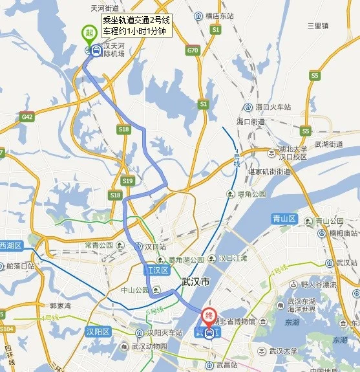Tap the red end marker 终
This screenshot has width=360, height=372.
pos(208,316)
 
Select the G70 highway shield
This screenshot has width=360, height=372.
pos(192,50)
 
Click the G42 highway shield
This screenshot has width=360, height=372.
pos(27,117)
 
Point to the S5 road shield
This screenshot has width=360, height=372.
pos(315,76)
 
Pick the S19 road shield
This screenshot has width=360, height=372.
pos(127,181)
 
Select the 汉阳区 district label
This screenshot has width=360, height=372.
pos(98,332)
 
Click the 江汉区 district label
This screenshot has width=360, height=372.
pos(156,270)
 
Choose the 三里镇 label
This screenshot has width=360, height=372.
pos(318,26)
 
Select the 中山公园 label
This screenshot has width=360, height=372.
pos(135,290)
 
